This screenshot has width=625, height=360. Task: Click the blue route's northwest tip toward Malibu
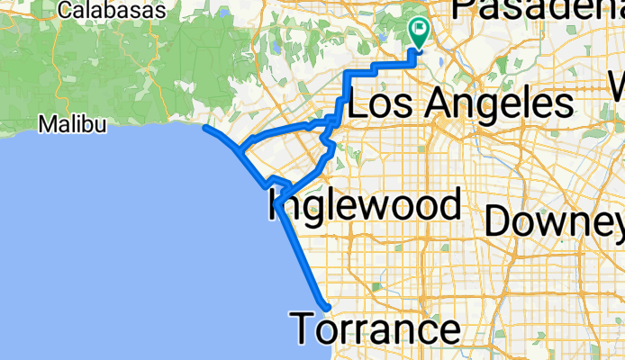click(x=206, y=128)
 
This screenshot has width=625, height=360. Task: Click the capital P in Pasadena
click(x=465, y=9)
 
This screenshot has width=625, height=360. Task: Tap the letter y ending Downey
click(x=612, y=225)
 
